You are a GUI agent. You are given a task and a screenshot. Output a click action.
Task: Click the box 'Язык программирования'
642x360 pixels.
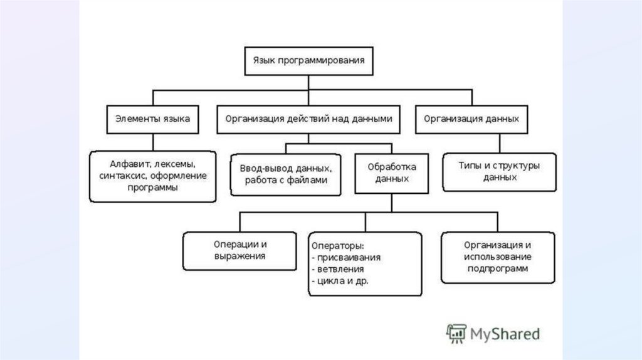coord(308,61)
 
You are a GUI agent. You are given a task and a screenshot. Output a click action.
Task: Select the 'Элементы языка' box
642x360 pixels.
coord(152,118)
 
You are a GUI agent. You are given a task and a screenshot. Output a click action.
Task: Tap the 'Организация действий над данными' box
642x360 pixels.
coord(308,118)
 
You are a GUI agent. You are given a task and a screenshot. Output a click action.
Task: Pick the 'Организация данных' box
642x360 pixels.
coord(471,118)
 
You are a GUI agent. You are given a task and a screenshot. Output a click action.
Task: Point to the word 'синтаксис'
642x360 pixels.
coord(120,176)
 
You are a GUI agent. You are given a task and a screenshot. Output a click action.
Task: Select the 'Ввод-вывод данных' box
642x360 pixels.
coord(285,174)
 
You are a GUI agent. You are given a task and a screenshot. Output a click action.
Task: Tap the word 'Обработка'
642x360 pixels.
coord(392,167)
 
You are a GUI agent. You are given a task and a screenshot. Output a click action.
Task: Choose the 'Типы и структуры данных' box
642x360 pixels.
coord(499,171)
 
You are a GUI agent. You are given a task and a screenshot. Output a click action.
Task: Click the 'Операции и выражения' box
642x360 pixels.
coord(239,250)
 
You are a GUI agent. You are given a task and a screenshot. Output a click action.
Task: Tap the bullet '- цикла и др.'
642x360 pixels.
coord(339,280)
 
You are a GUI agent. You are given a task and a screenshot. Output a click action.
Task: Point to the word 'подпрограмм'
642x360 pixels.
coord(498,268)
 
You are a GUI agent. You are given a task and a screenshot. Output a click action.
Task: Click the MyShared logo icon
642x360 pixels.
coord(456,334)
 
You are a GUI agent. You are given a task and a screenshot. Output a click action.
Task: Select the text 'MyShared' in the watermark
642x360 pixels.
coord(505,334)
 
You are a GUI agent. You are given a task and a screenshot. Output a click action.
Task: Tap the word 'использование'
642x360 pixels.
coord(498,257)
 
